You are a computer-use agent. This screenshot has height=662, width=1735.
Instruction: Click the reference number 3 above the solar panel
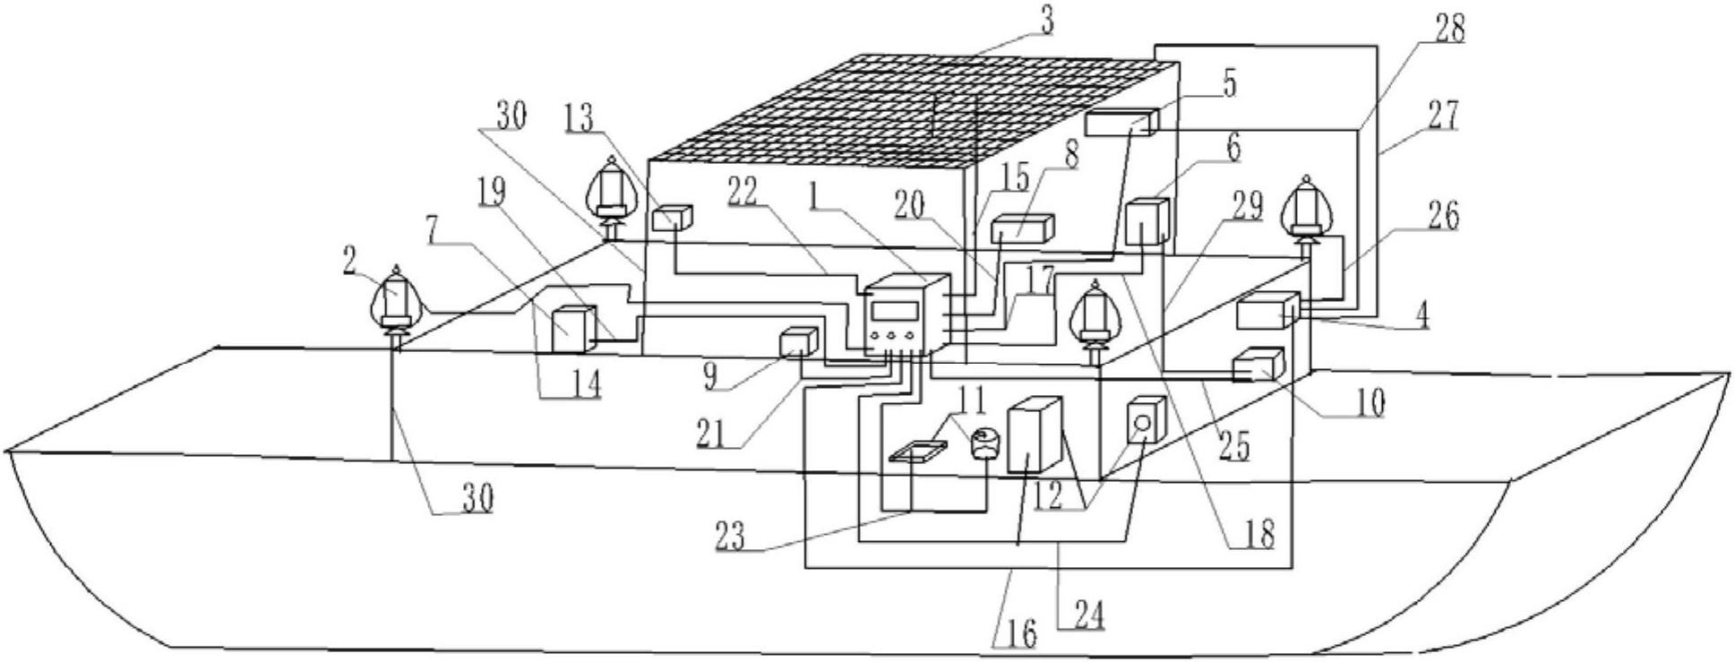pyautogui.click(x=1044, y=20)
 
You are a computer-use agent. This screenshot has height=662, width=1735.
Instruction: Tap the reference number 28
pyautogui.click(x=1448, y=31)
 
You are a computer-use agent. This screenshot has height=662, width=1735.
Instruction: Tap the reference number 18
pyautogui.click(x=1258, y=535)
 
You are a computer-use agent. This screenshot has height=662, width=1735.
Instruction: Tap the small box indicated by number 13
pyautogui.click(x=672, y=218)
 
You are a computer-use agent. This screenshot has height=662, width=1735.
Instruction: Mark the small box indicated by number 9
pyautogui.click(x=796, y=343)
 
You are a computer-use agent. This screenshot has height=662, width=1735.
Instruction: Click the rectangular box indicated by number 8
pyautogui.click(x=1022, y=228)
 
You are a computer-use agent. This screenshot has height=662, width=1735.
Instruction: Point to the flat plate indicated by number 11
pyautogui.click(x=916, y=450)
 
